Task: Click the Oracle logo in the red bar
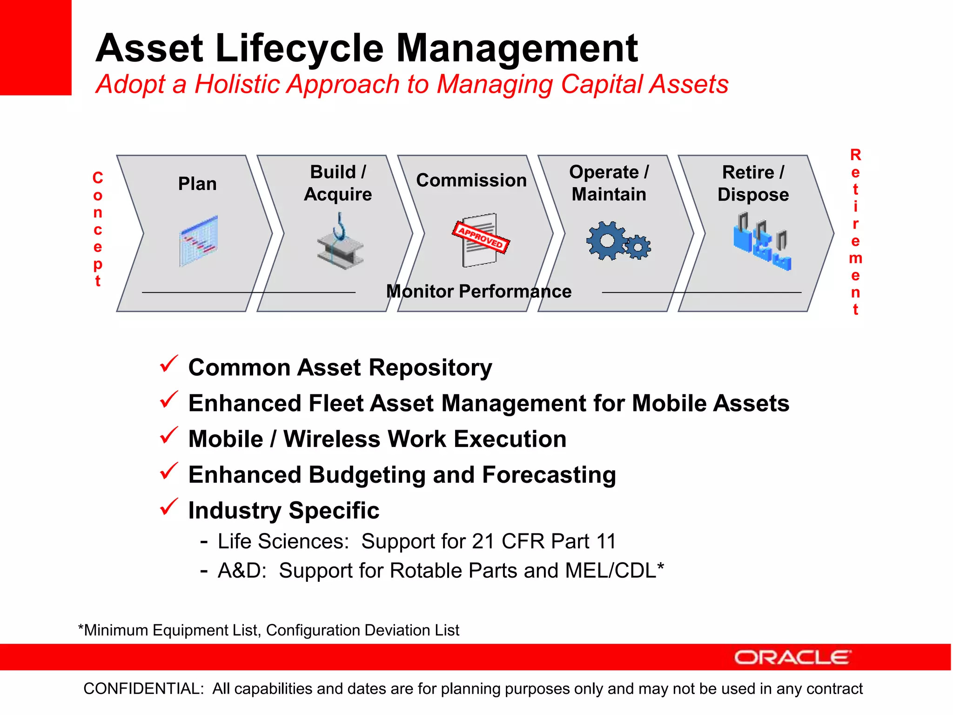[x=792, y=657]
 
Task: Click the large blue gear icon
[x=607, y=241]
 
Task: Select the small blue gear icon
[x=638, y=247]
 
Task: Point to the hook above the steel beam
[x=340, y=226]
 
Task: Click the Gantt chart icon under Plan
[x=199, y=241]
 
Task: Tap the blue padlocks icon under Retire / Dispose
[x=762, y=242]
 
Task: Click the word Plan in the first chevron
[x=197, y=184]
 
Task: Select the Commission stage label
[x=471, y=180]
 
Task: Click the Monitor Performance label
[x=479, y=291]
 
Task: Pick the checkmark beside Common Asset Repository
[x=168, y=364]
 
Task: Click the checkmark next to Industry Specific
[x=168, y=507]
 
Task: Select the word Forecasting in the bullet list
[x=549, y=475]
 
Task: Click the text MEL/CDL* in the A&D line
[x=614, y=571]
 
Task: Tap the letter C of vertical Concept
[x=98, y=178]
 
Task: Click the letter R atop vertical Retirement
[x=855, y=155]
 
